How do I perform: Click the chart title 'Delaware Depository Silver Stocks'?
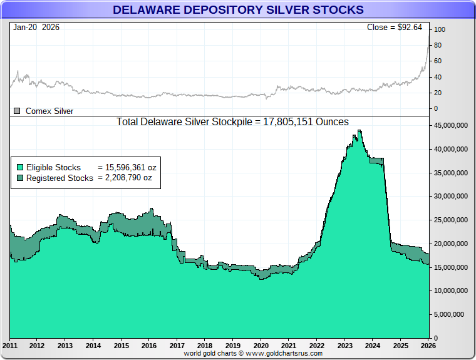click(237, 10)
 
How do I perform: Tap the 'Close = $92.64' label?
click(394, 28)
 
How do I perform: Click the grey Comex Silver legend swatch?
click(18, 111)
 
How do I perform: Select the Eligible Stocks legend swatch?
click(21, 167)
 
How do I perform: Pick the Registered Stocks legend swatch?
click(21, 178)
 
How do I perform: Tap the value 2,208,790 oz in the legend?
click(125, 178)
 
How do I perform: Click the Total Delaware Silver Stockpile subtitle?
click(232, 121)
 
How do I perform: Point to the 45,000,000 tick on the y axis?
click(452, 125)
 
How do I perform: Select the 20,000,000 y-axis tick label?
click(452, 244)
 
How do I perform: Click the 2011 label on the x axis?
click(10, 346)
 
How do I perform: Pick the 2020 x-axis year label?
click(261, 346)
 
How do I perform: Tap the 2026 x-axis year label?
click(428, 346)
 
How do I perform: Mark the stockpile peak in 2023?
click(359, 130)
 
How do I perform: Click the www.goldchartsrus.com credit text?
click(253, 353)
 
